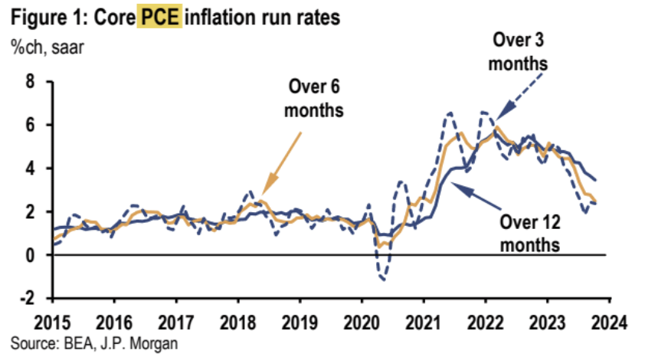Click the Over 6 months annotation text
[x=313, y=98]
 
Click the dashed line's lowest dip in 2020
[x=381, y=280]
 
